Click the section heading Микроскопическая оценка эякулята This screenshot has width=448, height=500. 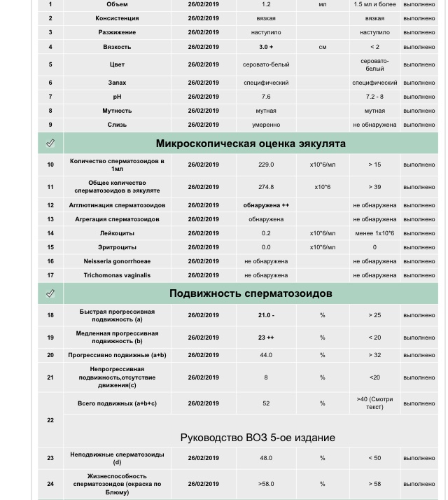coord(251,144)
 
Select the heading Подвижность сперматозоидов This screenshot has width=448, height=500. coord(251,293)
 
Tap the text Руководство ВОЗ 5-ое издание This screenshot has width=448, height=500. coord(258,438)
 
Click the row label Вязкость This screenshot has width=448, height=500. coord(117,47)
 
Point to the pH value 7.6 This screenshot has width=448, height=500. coord(266,97)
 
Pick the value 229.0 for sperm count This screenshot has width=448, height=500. coord(266,165)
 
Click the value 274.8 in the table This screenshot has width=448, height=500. coord(266,187)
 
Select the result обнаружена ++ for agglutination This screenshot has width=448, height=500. coord(266,205)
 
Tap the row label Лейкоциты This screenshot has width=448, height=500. coord(117,233)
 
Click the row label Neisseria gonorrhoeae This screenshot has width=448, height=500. coord(117,261)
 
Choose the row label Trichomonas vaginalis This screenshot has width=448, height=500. coord(117,275)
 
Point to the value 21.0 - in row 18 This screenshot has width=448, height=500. coord(266,315)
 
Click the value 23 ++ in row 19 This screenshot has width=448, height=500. coord(266,338)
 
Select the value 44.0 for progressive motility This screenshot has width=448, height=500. coord(266,355)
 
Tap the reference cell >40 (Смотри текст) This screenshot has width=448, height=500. coord(374,403)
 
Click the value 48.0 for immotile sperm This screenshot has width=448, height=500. coord(266,458)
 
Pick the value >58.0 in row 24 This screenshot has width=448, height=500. coord(266,484)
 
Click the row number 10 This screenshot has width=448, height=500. coord(50,165)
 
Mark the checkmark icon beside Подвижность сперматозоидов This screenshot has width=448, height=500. coord(50,293)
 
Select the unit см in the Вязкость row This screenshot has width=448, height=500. coord(323,47)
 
